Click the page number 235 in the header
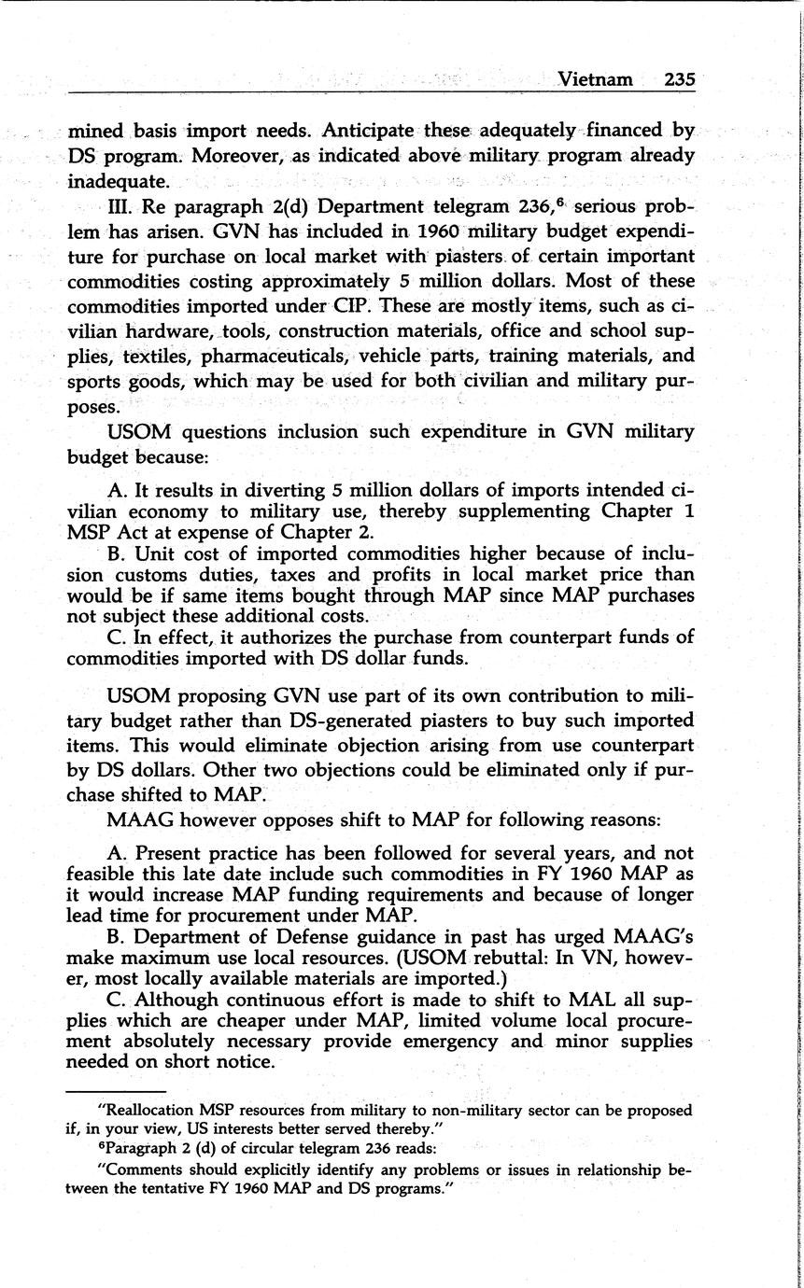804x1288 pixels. pyautogui.click(x=679, y=80)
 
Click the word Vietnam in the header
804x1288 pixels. pyautogui.click(x=594, y=80)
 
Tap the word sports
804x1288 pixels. pyautogui.click(x=92, y=382)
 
